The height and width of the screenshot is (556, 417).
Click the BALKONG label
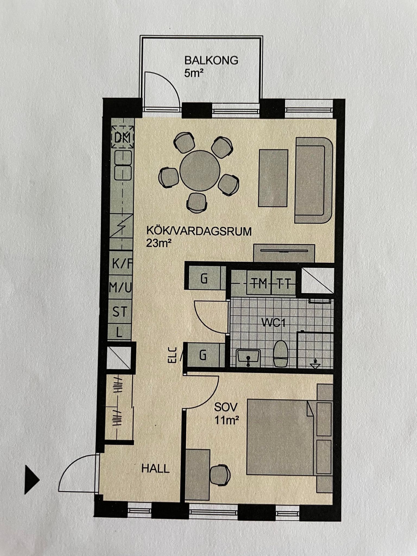pyautogui.click(x=211, y=61)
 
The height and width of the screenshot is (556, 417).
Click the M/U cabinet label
pyautogui.click(x=120, y=288)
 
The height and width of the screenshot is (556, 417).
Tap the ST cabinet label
pyautogui.click(x=120, y=312)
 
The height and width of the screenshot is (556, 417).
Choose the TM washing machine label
pyautogui.click(x=259, y=284)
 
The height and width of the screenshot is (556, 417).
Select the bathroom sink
pyautogui.click(x=248, y=358)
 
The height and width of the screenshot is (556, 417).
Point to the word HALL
pyautogui.click(x=156, y=468)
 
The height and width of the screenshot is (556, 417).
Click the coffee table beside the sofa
pyautogui.click(x=273, y=178)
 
